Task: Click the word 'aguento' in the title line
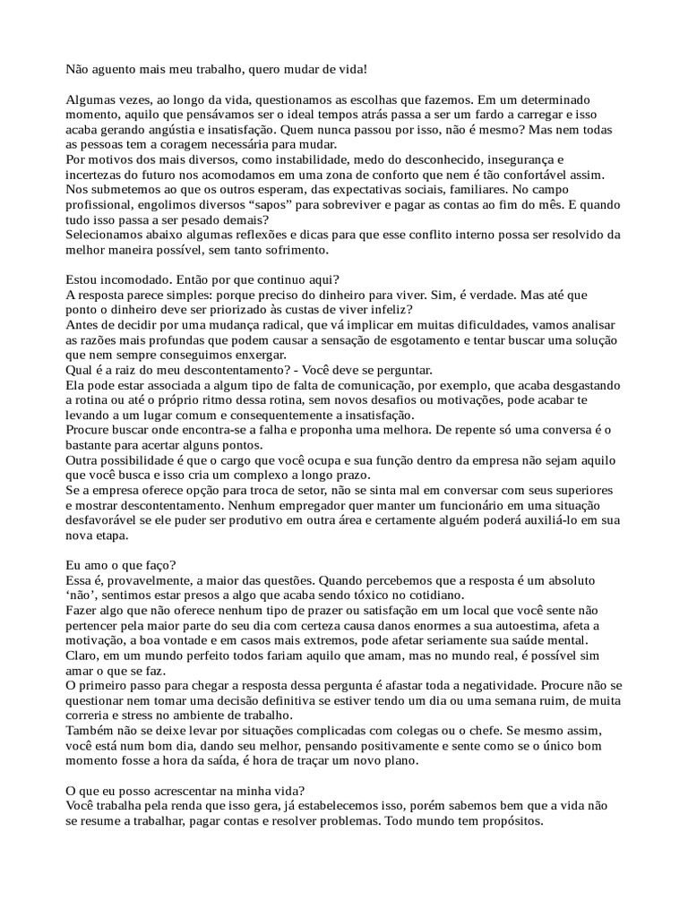click(112, 68)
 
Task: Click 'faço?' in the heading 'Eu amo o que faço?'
click(159, 566)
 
